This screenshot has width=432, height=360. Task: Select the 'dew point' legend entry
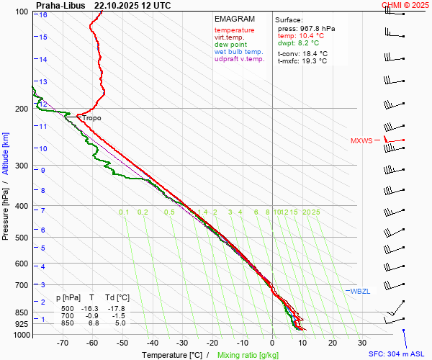(230, 45)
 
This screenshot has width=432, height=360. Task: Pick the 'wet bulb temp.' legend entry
(238, 52)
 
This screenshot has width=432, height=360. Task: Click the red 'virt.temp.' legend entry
(229, 37)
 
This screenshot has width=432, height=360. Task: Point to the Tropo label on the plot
(91, 118)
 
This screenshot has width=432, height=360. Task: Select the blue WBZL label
(360, 291)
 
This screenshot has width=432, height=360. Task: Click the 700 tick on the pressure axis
(21, 285)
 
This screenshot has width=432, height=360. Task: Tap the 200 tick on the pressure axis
(21, 109)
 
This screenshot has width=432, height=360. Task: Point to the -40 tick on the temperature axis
(152, 343)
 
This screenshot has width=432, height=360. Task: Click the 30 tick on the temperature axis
(362, 343)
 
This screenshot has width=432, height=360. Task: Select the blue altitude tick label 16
(43, 15)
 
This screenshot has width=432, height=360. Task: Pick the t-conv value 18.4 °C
(312, 53)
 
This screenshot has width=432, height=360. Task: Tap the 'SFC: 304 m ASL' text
(398, 354)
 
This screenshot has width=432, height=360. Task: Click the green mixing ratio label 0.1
(124, 212)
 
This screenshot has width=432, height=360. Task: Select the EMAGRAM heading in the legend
(235, 19)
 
